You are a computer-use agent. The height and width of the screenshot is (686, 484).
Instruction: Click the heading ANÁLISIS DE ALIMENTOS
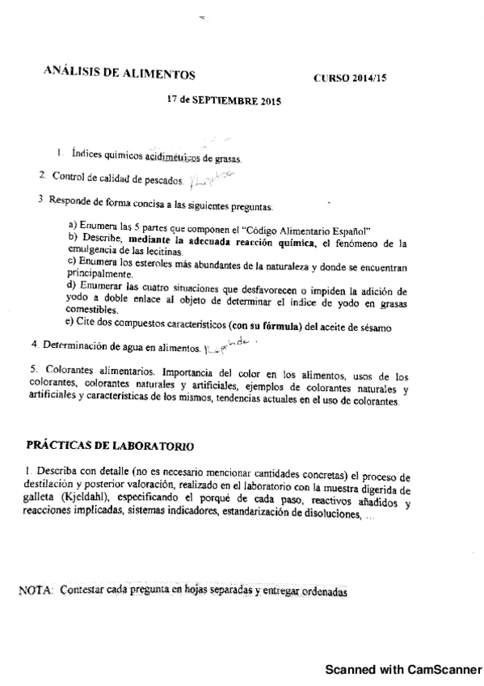click(119, 74)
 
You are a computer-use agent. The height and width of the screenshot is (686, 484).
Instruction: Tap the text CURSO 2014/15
click(351, 78)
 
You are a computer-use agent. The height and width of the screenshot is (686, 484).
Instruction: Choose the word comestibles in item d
click(90, 309)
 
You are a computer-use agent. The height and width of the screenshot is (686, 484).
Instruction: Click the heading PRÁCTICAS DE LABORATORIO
click(110, 445)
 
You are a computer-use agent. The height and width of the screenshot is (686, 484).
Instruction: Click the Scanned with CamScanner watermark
click(402, 671)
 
